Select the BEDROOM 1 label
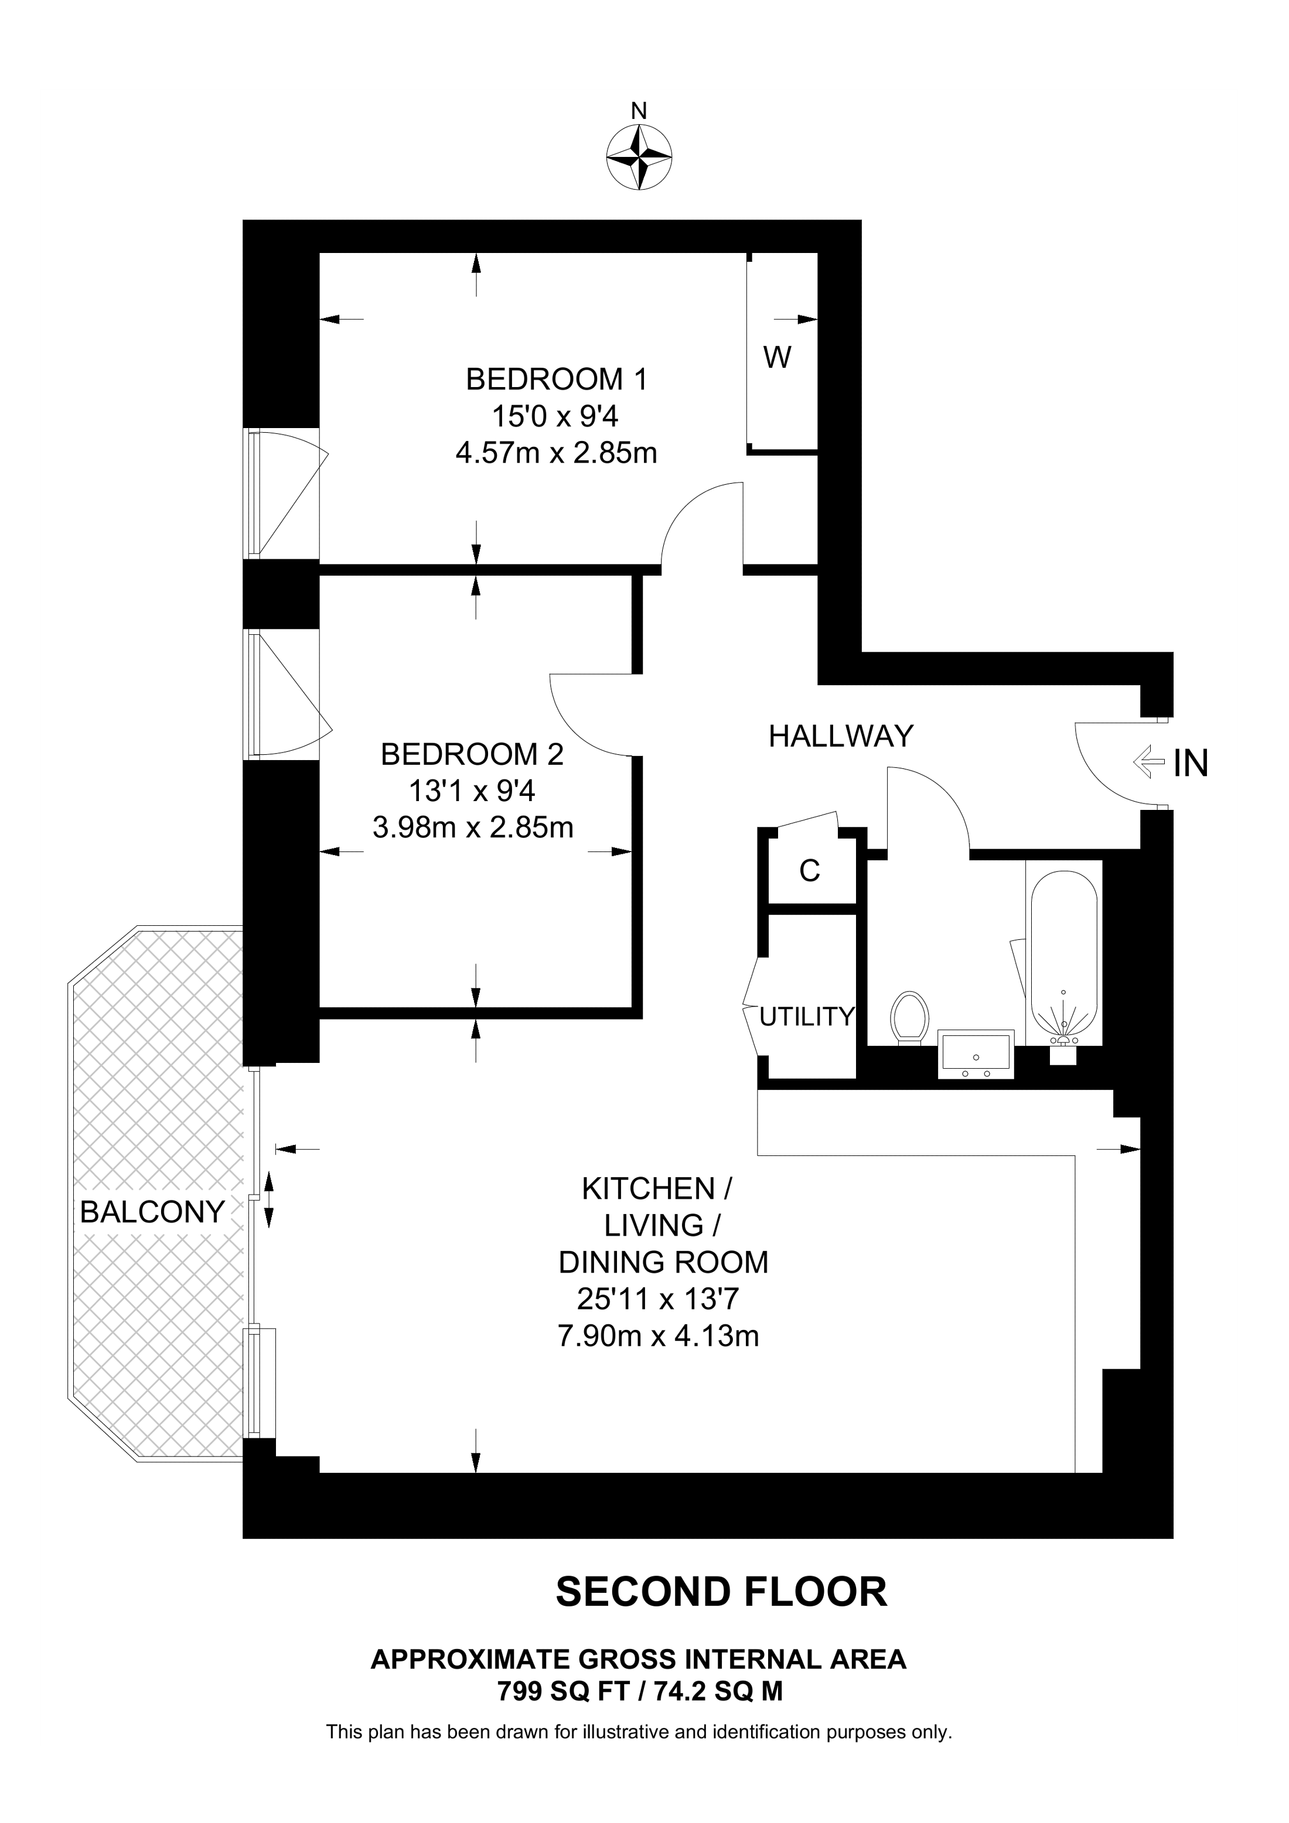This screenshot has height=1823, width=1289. coord(556,379)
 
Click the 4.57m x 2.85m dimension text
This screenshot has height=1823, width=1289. coord(556,453)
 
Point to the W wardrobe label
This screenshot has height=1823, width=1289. coord(777,358)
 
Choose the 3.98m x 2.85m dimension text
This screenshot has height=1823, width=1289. coord(473,828)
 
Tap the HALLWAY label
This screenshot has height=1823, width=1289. coord(841,736)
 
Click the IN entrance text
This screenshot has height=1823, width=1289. coord(1191,764)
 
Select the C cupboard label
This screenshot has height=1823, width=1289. coord(809,871)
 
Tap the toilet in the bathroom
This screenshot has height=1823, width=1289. coord(910,1018)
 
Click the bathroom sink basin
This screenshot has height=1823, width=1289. coord(976,1054)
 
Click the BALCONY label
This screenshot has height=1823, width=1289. coord(152,1212)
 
